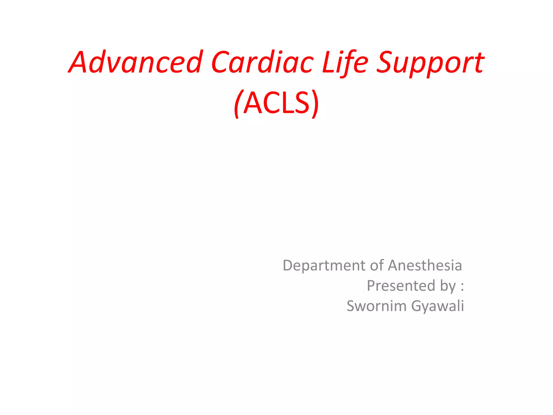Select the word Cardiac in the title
(262, 63)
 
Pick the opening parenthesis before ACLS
(237, 104)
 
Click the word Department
(324, 266)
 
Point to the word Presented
(401, 286)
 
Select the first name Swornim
(376, 306)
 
